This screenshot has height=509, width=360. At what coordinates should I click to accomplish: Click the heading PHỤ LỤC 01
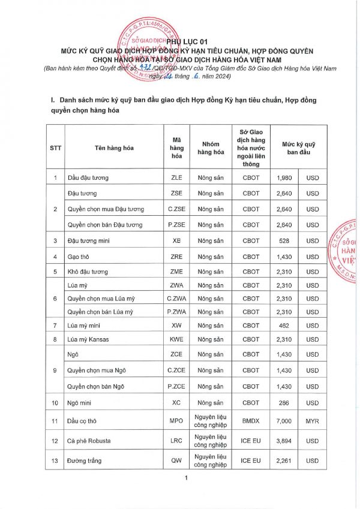coord(179,40)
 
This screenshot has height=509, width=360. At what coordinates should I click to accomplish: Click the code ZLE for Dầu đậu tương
coord(176,177)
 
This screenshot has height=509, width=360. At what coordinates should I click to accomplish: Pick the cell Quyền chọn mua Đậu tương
coord(106,209)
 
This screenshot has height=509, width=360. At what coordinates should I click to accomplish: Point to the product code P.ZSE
coord(176,225)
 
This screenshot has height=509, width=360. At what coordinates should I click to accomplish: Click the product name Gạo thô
coord(78,256)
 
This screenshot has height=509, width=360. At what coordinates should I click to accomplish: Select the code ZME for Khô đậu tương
coord(176,272)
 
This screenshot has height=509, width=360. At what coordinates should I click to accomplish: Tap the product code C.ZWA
coord(176,298)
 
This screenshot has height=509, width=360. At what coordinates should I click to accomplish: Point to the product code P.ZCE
coord(176,387)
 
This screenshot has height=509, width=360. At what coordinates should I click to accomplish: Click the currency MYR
coord(313,421)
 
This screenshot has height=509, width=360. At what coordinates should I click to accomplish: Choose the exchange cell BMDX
coord(250,421)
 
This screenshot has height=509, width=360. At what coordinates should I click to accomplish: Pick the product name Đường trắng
coord(85,460)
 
